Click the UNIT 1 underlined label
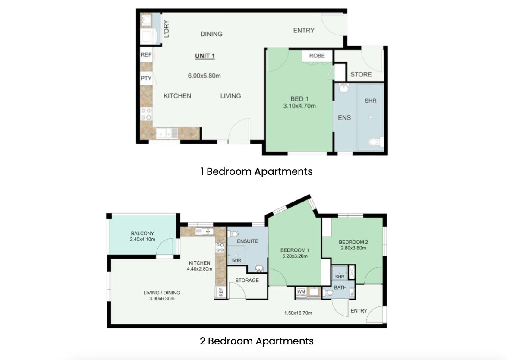click(x=205, y=56)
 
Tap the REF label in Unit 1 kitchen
click(x=146, y=55)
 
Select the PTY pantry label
click(x=146, y=78)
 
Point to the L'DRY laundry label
click(x=167, y=29)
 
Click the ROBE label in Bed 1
click(x=317, y=56)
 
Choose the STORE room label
click(x=361, y=74)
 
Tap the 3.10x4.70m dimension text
click(x=299, y=106)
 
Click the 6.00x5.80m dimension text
click(x=205, y=76)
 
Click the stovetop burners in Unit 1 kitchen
click(x=146, y=114)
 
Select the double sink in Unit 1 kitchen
click(x=167, y=133)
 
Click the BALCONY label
click(x=142, y=233)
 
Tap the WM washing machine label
click(x=301, y=292)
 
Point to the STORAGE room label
click(x=247, y=281)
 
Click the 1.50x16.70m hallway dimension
click(x=298, y=313)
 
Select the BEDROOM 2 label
click(x=353, y=242)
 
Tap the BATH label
click(x=340, y=287)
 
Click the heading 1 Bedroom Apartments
click(x=256, y=171)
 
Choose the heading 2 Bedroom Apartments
click(x=256, y=341)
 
